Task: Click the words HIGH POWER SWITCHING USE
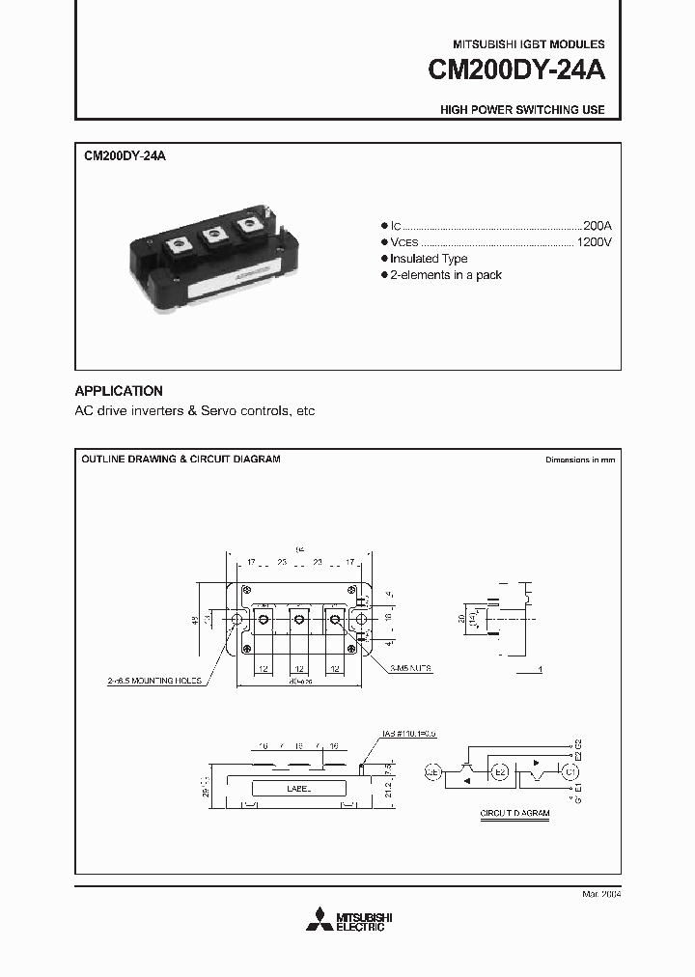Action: tap(522, 110)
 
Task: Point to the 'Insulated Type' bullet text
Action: tap(430, 258)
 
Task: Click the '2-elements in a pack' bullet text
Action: tap(447, 275)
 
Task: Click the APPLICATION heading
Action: tap(119, 391)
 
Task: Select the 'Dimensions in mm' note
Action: tap(579, 460)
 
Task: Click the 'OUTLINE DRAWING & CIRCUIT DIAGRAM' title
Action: tap(181, 460)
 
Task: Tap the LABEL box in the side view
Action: tap(299, 788)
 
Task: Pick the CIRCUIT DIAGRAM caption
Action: tap(514, 814)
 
